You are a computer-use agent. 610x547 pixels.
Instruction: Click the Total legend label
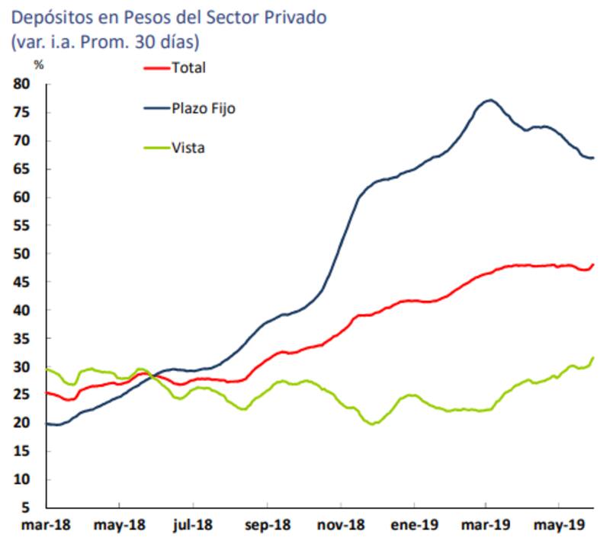pyautogui.click(x=189, y=69)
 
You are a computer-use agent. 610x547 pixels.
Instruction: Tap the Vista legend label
pyautogui.click(x=188, y=149)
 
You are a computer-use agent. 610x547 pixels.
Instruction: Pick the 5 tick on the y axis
pyautogui.click(x=26, y=507)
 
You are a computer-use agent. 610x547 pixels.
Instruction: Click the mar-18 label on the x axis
pyautogui.click(x=47, y=526)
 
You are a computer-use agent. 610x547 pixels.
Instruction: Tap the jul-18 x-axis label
pyautogui.click(x=194, y=526)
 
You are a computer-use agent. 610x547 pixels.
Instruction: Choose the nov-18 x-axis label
pyautogui.click(x=340, y=526)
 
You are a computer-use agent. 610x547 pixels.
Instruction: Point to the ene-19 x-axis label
pyautogui.click(x=413, y=526)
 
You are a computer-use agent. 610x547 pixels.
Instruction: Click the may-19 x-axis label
pyautogui.click(x=560, y=526)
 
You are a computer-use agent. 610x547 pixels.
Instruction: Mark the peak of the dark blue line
pyautogui.click(x=490, y=100)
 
